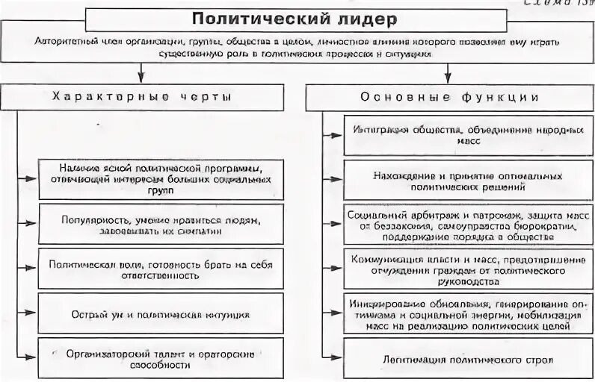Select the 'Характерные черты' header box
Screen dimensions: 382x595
click(142, 98)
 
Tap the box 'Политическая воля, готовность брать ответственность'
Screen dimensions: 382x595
click(161, 269)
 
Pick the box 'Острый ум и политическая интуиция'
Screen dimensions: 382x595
click(161, 313)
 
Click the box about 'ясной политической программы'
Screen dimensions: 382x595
click(161, 179)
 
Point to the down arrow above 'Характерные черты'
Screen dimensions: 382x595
click(142, 72)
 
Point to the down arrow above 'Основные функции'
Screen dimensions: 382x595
click(448, 72)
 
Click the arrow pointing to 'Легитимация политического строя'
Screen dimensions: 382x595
click(333, 359)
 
